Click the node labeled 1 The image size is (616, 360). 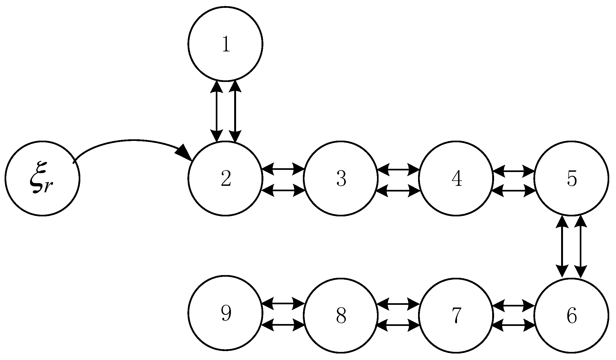pos(225,44)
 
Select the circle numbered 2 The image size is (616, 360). pos(225,179)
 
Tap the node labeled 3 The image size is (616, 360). pos(340,179)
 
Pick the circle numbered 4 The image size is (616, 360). pos(456,179)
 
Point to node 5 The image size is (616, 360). pos(571,179)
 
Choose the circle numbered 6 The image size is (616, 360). pos(571,316)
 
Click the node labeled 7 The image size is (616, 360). pos(456,316)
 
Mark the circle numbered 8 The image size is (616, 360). pos(340,316)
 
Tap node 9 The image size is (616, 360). pos(225,313)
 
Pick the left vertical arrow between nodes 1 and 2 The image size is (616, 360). pos(217,111)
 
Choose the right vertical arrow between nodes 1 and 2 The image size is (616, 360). pos(235,111)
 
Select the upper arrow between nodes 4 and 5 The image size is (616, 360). pos(514,171)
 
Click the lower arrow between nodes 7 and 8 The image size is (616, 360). pos(398,325)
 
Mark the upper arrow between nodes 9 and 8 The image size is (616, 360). pos(283,303)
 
